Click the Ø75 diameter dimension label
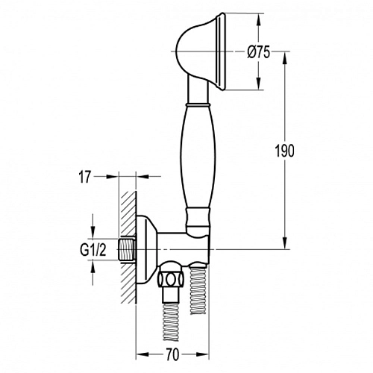(258, 52)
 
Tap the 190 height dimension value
(284, 151)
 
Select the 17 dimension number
(85, 178)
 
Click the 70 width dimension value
(172, 354)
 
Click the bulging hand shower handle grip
(198, 157)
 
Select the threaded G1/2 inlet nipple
(126, 249)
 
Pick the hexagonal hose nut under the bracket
(171, 279)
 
